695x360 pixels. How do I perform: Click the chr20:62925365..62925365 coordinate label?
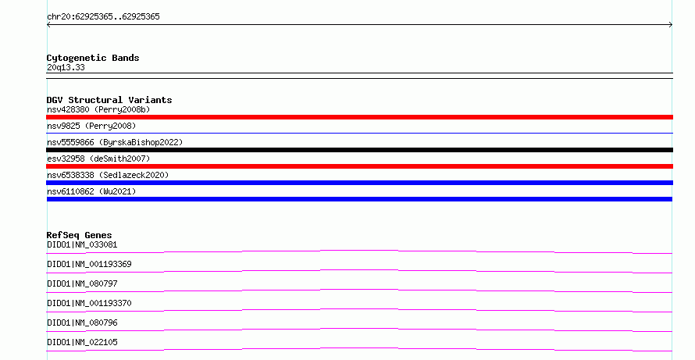pyautogui.click(x=103, y=17)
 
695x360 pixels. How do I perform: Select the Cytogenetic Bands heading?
pyautogui.click(x=93, y=58)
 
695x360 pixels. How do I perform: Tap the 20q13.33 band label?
pyautogui.click(x=66, y=67)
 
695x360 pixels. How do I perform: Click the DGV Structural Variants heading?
pyautogui.click(x=109, y=100)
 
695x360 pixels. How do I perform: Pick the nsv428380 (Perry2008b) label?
pyautogui.click(x=98, y=109)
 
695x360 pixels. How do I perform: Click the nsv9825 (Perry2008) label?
pyautogui.click(x=91, y=126)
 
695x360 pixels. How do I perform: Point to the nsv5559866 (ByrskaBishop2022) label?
pyautogui.click(x=115, y=142)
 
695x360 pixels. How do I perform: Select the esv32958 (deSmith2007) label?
pyautogui.click(x=98, y=159)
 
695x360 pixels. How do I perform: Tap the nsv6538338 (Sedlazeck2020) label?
pyautogui.click(x=108, y=175)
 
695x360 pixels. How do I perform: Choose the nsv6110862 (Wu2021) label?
pyautogui.click(x=91, y=191)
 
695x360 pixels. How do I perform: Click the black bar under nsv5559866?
pyautogui.click(x=359, y=150)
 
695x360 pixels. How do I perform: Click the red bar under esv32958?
pyautogui.click(x=359, y=166)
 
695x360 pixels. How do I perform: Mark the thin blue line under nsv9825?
pyautogui.click(x=359, y=133)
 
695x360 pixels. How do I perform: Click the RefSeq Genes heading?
pyautogui.click(x=80, y=235)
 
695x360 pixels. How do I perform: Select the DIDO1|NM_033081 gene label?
pyautogui.click(x=82, y=244)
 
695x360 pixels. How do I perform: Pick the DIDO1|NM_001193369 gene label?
pyautogui.click(x=89, y=264)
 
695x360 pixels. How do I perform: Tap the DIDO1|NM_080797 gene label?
pyautogui.click(x=82, y=283)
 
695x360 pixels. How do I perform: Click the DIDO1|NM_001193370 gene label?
pyautogui.click(x=89, y=303)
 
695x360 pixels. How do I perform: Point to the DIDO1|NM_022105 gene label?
pyautogui.click(x=82, y=342)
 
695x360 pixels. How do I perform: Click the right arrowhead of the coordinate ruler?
pyautogui.click(x=671, y=25)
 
